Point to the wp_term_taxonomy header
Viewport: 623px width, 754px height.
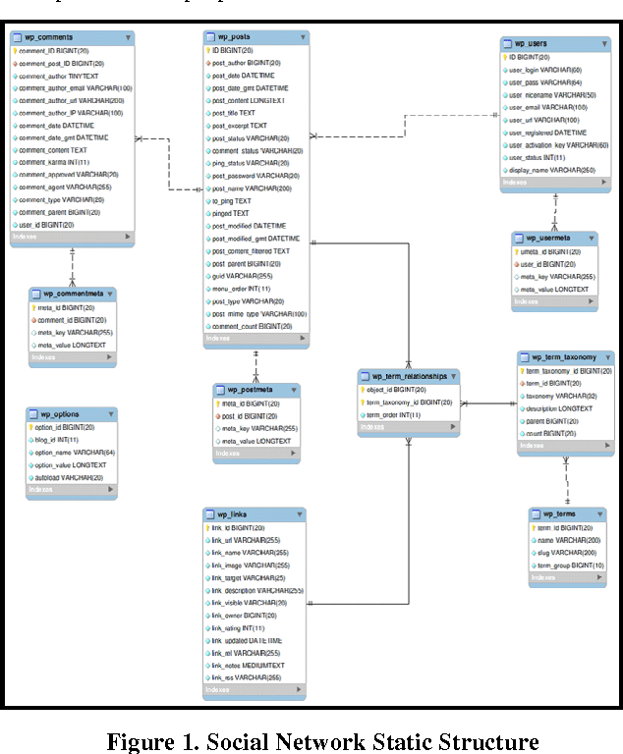pyautogui.click(x=570, y=357)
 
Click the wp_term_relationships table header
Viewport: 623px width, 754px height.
pyautogui.click(x=409, y=376)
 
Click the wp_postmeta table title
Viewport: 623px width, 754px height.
pyautogui.click(x=251, y=390)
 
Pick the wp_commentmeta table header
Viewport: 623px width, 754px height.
pyautogui.click(x=79, y=294)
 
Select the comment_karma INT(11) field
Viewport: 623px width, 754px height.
pyautogui.click(x=54, y=163)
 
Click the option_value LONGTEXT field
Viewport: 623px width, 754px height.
pyautogui.click(x=72, y=464)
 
